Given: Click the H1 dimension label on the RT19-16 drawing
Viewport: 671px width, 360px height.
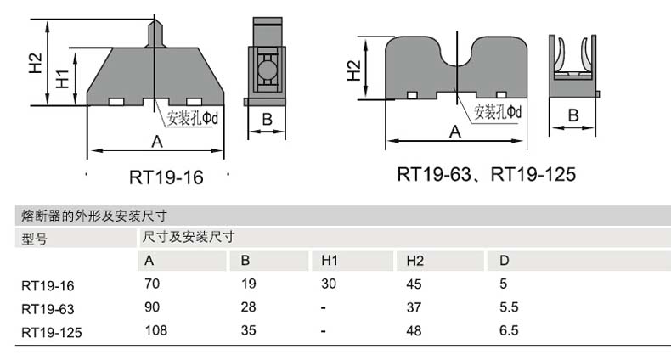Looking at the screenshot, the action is tap(63, 79).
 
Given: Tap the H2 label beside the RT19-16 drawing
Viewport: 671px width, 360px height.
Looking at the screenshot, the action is tap(36, 63).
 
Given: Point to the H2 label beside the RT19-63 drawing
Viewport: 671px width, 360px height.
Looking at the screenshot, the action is tap(353, 70).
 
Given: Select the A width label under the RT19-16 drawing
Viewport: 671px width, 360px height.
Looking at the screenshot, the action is tap(157, 141).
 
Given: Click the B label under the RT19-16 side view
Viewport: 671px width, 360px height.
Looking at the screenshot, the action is tap(267, 119).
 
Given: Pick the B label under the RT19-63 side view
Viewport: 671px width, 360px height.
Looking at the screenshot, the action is tap(573, 115).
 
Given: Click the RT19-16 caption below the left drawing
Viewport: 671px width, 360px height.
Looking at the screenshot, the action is tap(166, 177).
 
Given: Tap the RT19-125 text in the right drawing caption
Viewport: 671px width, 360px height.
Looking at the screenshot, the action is tap(533, 174).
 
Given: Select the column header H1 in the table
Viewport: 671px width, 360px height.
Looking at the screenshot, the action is tap(330, 261).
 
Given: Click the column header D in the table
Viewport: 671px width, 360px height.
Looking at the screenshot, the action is tap(505, 261).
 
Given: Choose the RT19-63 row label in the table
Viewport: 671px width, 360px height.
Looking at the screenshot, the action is tap(48, 309).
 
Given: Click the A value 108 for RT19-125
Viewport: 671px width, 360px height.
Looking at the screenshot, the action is tap(156, 330).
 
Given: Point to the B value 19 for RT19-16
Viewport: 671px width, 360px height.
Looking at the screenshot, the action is tap(249, 284).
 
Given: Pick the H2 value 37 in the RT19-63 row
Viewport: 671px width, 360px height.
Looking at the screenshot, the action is tap(414, 307).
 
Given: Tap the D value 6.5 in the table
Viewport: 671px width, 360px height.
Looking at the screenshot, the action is tap(509, 330).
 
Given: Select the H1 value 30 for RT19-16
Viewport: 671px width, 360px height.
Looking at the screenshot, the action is tap(329, 284).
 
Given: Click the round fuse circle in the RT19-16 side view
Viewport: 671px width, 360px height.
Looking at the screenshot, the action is tap(267, 69).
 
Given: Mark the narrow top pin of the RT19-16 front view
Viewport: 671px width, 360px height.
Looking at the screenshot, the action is tap(155, 33).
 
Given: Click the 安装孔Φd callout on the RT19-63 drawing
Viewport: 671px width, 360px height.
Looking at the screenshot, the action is tap(498, 112).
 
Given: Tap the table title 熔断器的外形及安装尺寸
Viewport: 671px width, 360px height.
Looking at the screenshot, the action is tap(93, 216).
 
